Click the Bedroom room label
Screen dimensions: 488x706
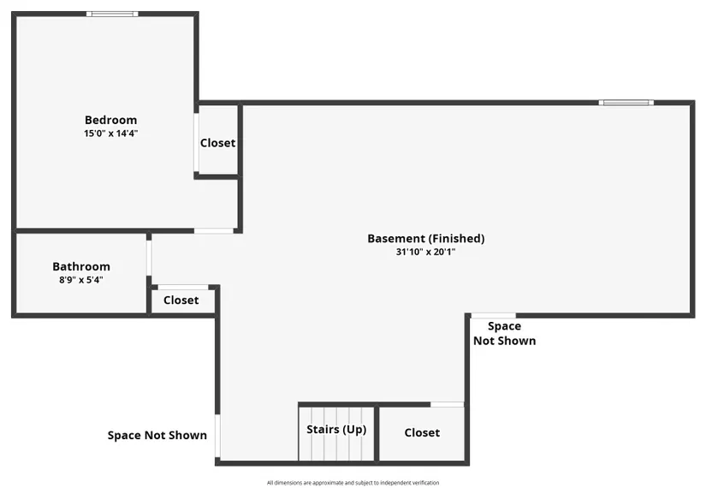[110, 120]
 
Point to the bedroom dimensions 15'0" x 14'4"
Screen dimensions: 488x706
[110, 134]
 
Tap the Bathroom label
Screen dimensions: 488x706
[81, 266]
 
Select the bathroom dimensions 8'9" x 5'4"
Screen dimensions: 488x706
[81, 280]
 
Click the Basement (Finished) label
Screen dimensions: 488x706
[425, 239]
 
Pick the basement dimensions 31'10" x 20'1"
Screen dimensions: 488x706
[425, 252]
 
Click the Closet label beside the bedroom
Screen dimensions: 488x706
[217, 143]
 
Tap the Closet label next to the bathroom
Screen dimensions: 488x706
[181, 301]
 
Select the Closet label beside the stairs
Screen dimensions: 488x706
[422, 433]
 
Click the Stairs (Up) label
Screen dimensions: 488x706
[337, 430]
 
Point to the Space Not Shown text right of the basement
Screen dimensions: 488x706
[504, 333]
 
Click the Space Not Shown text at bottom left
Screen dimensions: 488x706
[157, 435]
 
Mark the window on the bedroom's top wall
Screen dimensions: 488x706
[112, 14]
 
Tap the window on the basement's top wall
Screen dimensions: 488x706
[626, 103]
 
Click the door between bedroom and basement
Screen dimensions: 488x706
[214, 230]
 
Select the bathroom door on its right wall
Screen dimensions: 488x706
[149, 258]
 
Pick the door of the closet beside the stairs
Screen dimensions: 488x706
[447, 404]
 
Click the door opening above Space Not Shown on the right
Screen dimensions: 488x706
[494, 315]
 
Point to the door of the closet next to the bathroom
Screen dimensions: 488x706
[183, 287]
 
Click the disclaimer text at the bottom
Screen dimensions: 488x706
[353, 482]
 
